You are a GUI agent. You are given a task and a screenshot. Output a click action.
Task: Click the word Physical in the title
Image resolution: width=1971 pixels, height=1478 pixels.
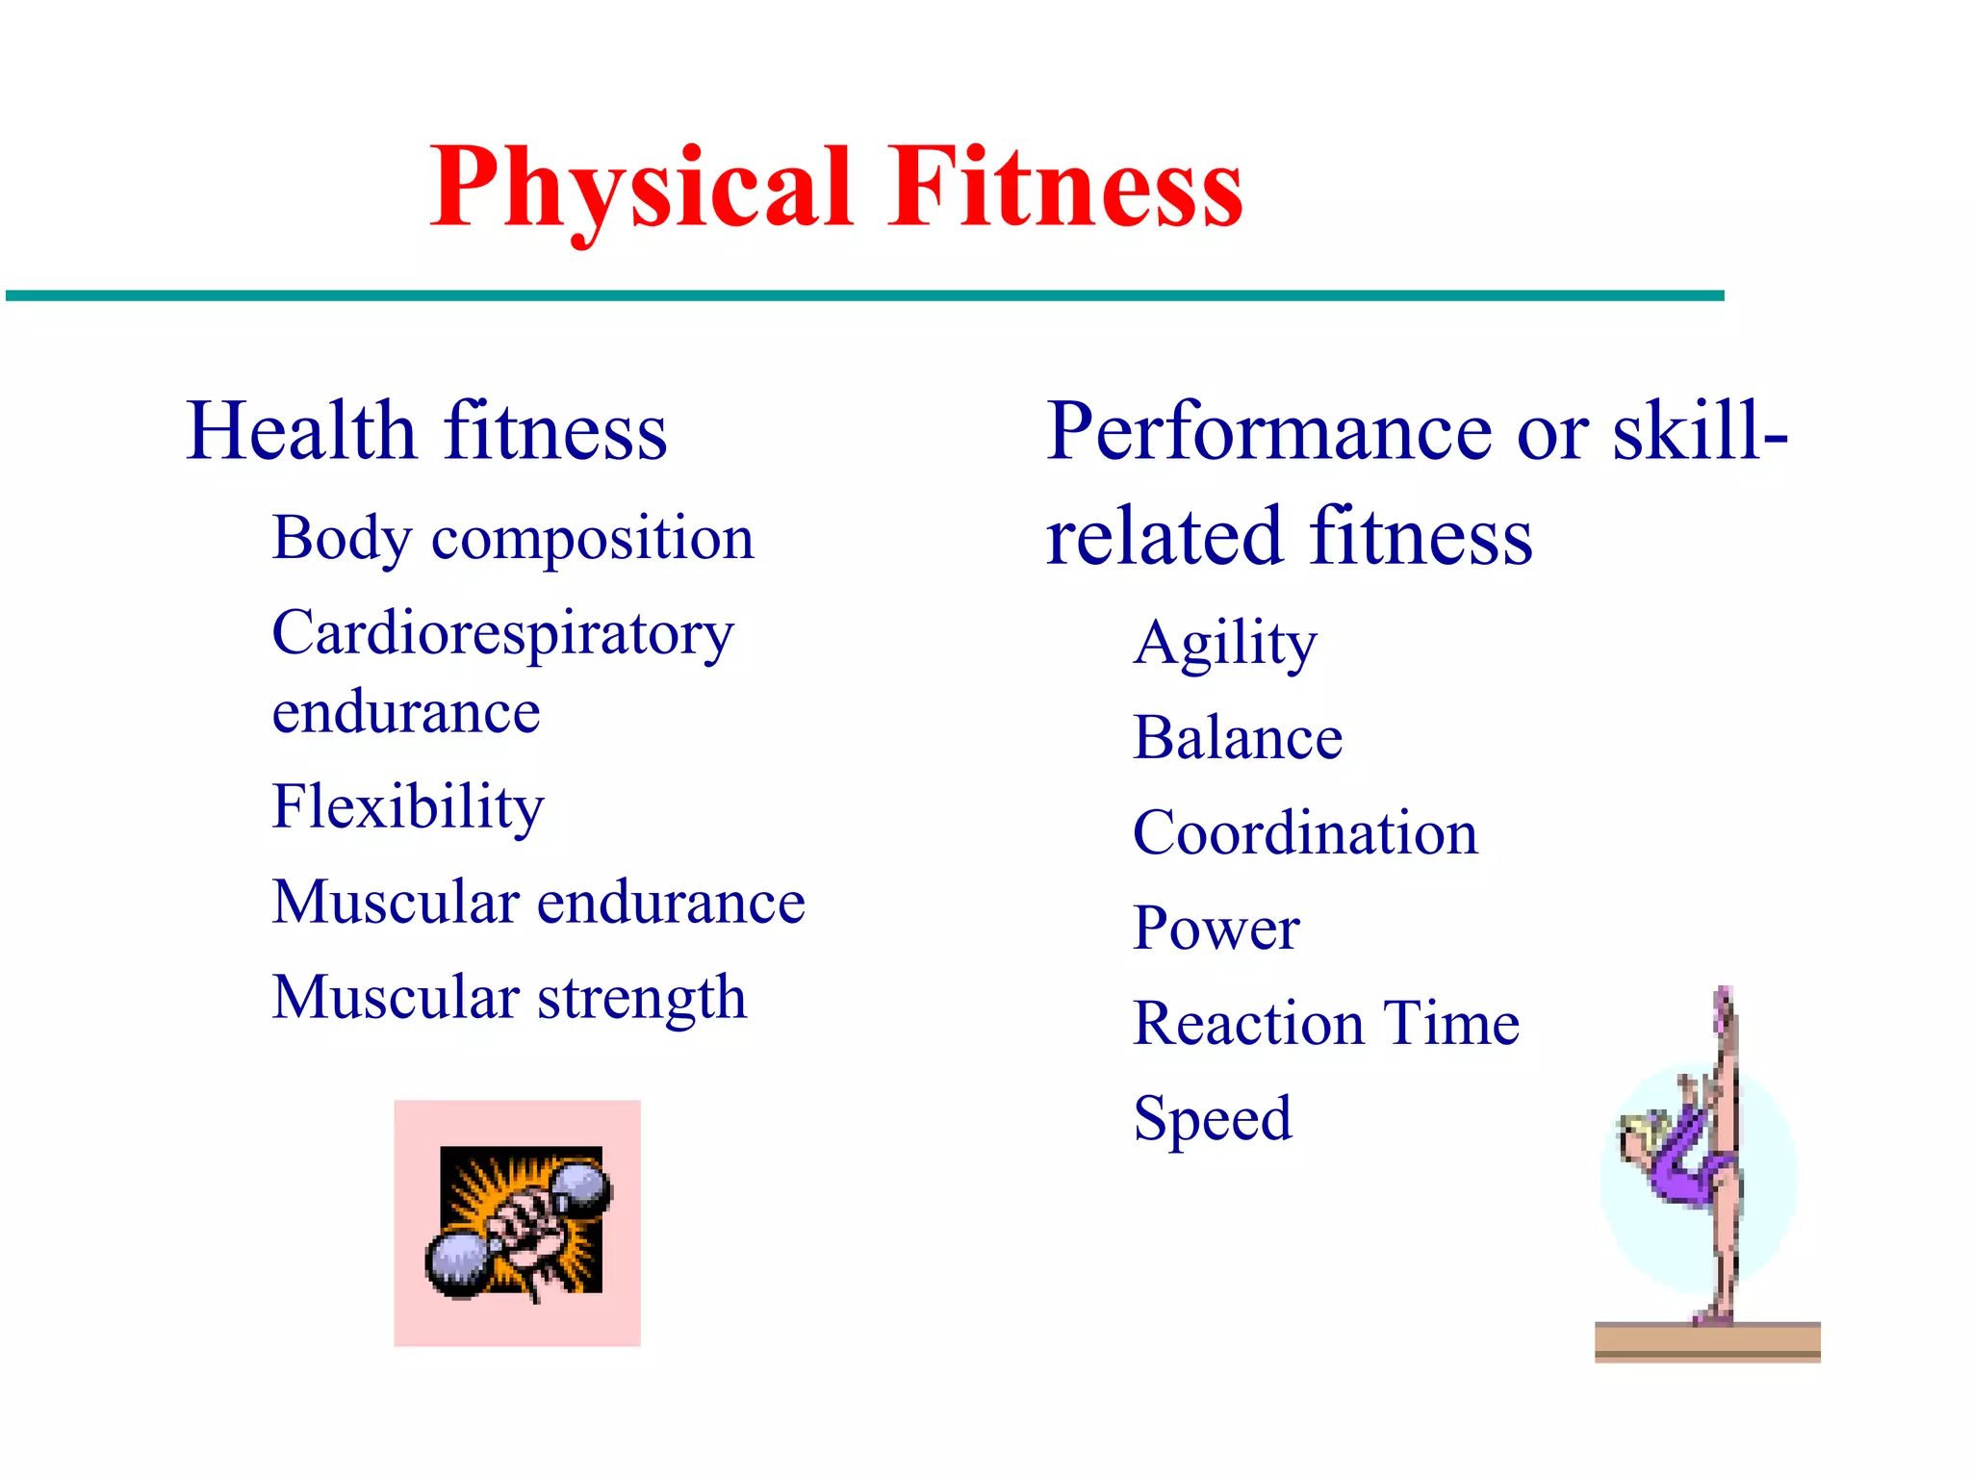click(641, 188)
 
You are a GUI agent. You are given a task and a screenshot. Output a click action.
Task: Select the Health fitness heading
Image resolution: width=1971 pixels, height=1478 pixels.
click(426, 431)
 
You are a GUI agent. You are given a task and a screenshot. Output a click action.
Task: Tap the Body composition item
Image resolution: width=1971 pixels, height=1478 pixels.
click(513, 538)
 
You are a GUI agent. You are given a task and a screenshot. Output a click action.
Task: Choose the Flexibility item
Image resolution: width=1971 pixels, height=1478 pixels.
click(408, 806)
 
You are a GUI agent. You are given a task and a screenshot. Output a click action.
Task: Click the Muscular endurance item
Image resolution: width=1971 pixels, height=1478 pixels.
click(538, 903)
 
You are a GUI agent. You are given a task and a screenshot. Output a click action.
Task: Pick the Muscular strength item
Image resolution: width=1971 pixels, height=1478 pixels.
click(509, 998)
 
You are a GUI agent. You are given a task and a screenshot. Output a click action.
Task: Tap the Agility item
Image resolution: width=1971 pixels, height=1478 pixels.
click(1224, 643)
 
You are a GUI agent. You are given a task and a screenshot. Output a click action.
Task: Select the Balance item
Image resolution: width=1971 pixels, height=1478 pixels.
click(1238, 738)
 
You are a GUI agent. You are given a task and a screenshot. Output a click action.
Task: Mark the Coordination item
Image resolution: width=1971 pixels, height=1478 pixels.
click(1305, 833)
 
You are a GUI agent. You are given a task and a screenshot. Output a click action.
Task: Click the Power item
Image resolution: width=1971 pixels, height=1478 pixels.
click(1216, 929)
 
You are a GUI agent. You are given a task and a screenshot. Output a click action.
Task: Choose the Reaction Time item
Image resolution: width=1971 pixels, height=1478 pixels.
click(1326, 1023)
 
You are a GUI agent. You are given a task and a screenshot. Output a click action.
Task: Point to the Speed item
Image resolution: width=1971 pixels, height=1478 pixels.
click(1213, 1119)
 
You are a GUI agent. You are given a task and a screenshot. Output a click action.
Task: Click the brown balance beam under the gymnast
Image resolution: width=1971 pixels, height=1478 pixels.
click(1706, 1341)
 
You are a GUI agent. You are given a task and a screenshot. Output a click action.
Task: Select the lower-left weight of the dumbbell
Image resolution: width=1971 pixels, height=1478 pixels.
click(457, 1264)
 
